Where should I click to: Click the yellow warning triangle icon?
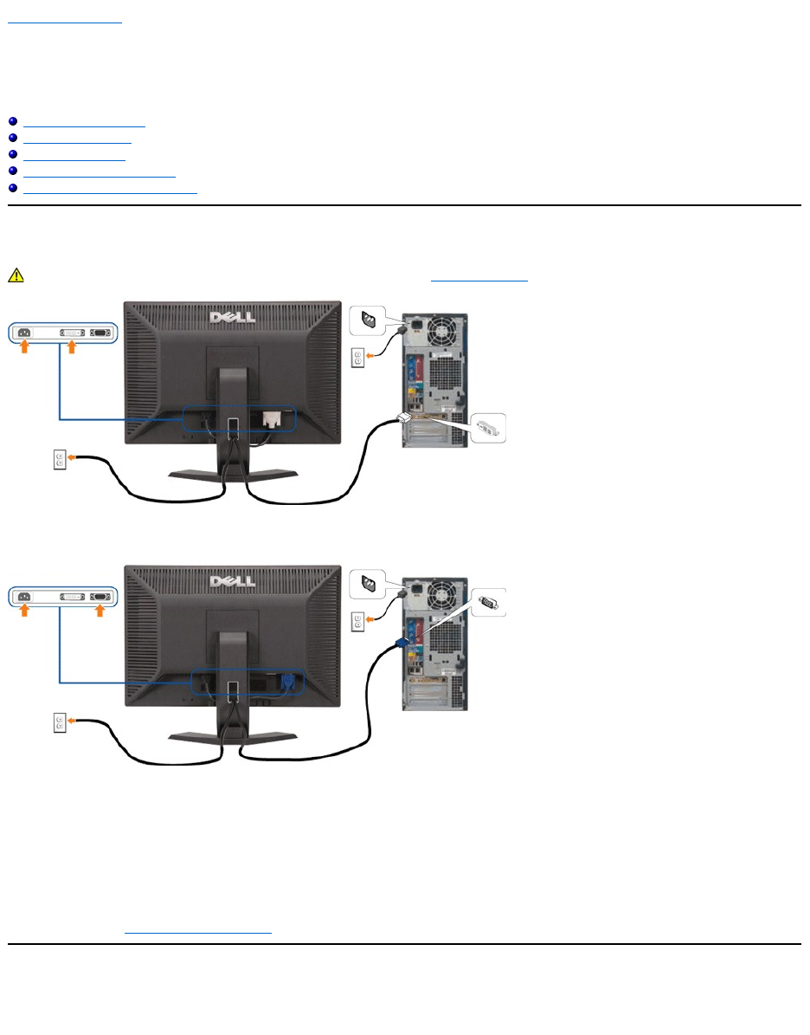click(x=15, y=275)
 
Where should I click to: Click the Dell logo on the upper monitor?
click(x=231, y=316)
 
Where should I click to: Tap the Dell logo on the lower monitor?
click(x=231, y=579)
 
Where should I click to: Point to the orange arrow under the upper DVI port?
click(x=72, y=347)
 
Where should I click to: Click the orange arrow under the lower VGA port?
click(x=100, y=611)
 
